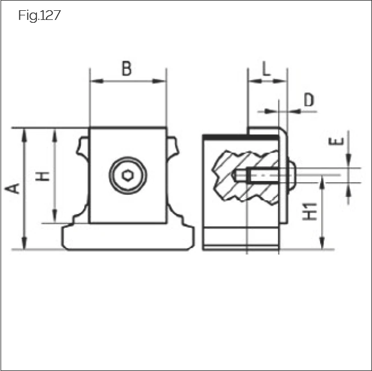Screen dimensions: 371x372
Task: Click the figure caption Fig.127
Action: tap(39, 15)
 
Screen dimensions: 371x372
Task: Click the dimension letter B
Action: tap(126, 69)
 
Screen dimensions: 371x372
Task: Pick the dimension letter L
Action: tap(266, 68)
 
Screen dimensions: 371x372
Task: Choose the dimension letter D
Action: tap(308, 100)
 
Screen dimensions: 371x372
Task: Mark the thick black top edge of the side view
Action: tap(225, 137)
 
